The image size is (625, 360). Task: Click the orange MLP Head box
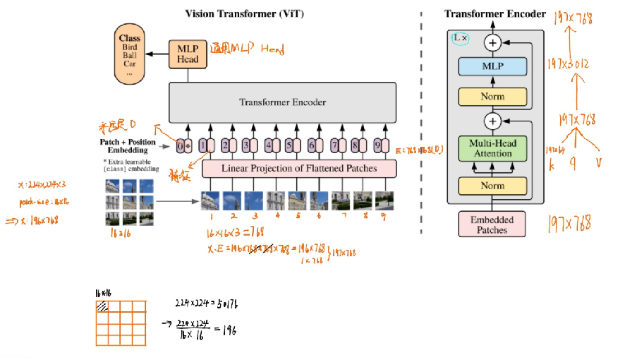pyautogui.click(x=188, y=54)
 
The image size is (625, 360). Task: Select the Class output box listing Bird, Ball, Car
pyautogui.click(x=129, y=54)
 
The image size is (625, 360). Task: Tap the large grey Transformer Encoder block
pyautogui.click(x=281, y=102)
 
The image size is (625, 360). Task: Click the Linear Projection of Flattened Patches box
pyautogui.click(x=298, y=168)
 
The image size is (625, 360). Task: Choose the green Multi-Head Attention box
pyautogui.click(x=492, y=148)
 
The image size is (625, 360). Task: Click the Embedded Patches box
pyautogui.click(x=492, y=224)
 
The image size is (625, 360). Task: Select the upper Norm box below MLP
pyautogui.click(x=492, y=96)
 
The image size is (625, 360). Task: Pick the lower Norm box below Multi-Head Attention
pyautogui.click(x=492, y=186)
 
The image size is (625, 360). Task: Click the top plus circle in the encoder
pyautogui.click(x=492, y=43)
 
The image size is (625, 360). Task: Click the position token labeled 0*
pyautogui.click(x=184, y=146)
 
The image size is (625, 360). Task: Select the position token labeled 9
pyautogui.click(x=378, y=146)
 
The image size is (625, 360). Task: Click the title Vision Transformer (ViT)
pyautogui.click(x=235, y=13)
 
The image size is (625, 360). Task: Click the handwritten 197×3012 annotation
pyautogui.click(x=571, y=65)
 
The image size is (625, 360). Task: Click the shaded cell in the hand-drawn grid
pyautogui.click(x=103, y=306)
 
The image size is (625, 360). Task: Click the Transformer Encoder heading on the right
pyautogui.click(x=494, y=13)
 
